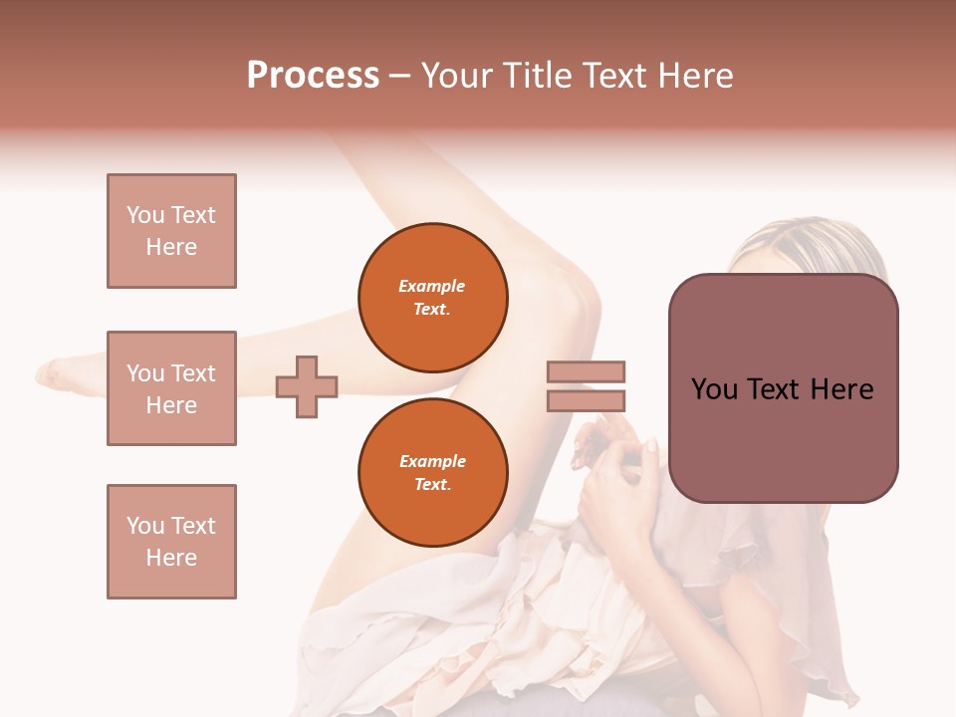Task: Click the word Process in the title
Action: click(313, 76)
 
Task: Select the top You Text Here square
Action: click(171, 231)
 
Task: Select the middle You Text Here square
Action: click(171, 388)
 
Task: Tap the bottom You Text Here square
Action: click(171, 542)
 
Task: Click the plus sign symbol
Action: click(307, 385)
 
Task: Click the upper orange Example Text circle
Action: click(432, 298)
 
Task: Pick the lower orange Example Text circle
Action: click(432, 473)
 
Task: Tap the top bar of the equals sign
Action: click(586, 371)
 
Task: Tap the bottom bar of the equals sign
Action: click(586, 400)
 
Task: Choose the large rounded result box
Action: click(783, 388)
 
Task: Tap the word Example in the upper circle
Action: click(432, 286)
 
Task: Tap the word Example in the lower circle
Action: click(432, 461)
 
